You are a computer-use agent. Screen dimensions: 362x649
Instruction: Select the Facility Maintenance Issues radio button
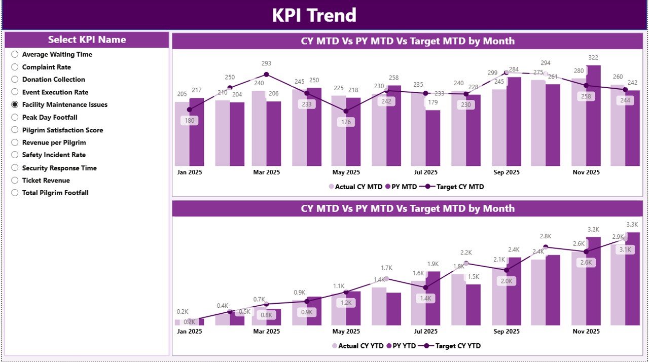click(x=15, y=104)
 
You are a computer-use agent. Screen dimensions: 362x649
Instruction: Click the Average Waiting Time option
click(x=15, y=54)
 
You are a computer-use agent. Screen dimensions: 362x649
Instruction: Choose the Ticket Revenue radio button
click(x=15, y=180)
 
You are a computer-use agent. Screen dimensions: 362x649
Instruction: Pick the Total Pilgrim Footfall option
click(x=15, y=193)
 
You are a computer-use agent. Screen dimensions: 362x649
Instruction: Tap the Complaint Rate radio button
click(x=15, y=67)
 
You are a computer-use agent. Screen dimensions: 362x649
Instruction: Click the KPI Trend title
click(x=314, y=15)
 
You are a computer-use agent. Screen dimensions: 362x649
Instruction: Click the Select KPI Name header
click(x=87, y=40)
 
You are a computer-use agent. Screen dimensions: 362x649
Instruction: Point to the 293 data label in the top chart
click(x=266, y=63)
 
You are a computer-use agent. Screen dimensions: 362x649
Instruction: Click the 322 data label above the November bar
click(x=593, y=58)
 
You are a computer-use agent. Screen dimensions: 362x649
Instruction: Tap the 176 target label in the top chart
click(x=346, y=122)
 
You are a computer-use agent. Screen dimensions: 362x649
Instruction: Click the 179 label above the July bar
click(x=432, y=102)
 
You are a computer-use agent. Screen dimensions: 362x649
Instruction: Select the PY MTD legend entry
click(x=401, y=187)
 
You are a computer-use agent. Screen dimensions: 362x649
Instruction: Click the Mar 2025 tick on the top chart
click(x=266, y=172)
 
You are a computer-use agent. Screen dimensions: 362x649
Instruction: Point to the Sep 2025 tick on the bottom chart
click(x=506, y=331)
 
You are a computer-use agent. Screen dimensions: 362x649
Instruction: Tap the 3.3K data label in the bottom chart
click(x=632, y=225)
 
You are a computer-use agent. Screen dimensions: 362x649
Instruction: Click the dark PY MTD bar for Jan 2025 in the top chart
click(x=197, y=132)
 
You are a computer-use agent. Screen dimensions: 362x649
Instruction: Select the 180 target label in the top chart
click(x=189, y=121)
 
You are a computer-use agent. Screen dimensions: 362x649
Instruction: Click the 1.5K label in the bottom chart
click(x=473, y=276)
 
